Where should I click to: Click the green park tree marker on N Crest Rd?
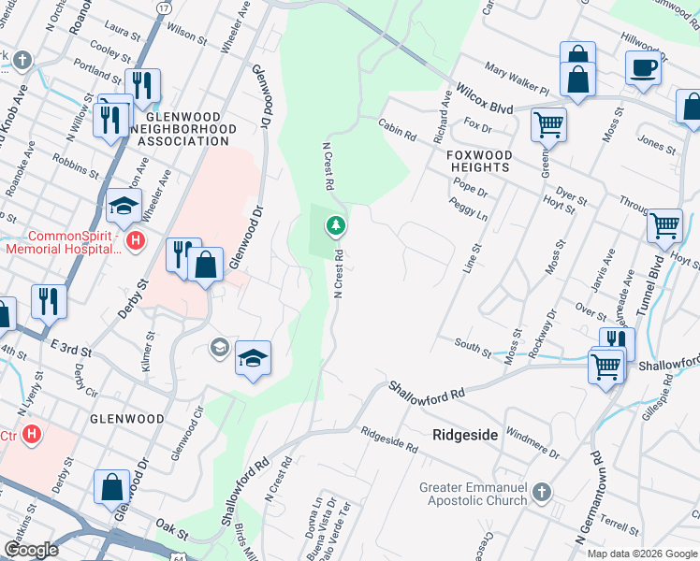click(335, 225)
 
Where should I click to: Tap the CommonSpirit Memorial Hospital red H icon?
click(136, 242)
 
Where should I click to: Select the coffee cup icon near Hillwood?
click(643, 68)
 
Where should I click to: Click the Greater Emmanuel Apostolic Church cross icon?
click(540, 492)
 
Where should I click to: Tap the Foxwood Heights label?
click(478, 161)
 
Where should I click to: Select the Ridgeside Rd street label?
click(389, 439)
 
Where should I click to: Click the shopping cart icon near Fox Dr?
click(547, 122)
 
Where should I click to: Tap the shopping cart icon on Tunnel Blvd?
click(664, 224)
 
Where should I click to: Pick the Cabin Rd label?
click(397, 129)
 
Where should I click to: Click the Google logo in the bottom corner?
click(32, 550)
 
